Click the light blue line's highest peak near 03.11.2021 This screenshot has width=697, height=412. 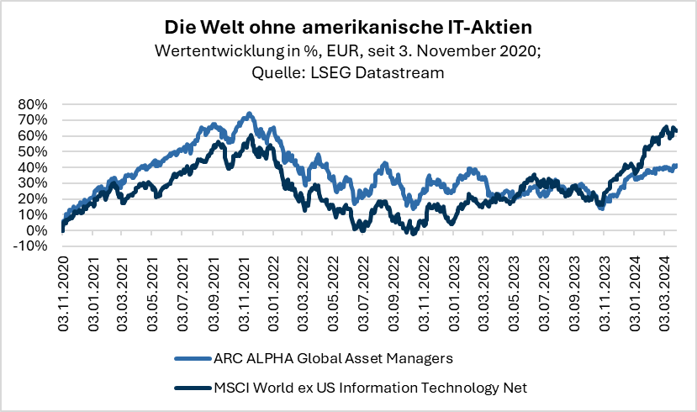pos(248,114)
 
